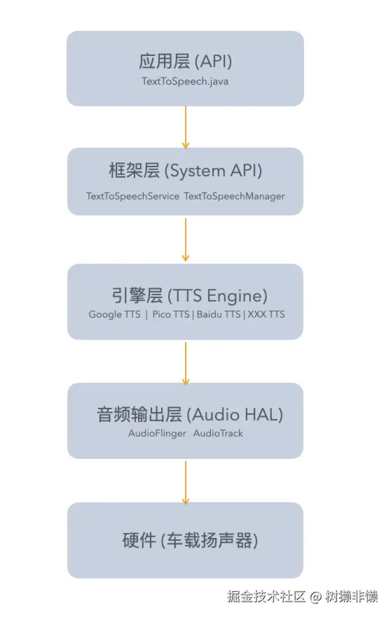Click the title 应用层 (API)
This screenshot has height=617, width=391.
pos(186,62)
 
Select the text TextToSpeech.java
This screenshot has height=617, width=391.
pos(185,81)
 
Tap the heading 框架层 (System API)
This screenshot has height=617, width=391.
pos(186,171)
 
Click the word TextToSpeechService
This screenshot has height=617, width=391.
pos(132,196)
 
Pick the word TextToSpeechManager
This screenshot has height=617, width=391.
pos(234,196)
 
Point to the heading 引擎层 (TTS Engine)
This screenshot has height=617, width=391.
pos(186,295)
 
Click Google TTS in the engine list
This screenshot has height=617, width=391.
pos(114,314)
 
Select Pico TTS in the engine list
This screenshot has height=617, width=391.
pos(171,314)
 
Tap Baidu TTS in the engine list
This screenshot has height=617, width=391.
pos(218,314)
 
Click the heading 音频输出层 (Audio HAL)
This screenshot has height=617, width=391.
pos(189,414)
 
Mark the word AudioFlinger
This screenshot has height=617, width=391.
pos(157,433)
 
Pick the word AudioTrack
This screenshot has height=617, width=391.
pos(218,433)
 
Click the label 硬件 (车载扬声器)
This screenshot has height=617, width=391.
pos(190,541)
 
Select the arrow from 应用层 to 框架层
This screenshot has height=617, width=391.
pos(186,127)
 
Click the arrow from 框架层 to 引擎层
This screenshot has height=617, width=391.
pos(186,239)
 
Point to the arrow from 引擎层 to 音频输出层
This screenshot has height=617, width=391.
pos(186,362)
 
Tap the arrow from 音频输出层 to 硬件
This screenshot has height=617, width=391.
pos(186,482)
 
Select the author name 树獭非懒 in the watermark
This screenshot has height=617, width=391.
pos(351,597)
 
